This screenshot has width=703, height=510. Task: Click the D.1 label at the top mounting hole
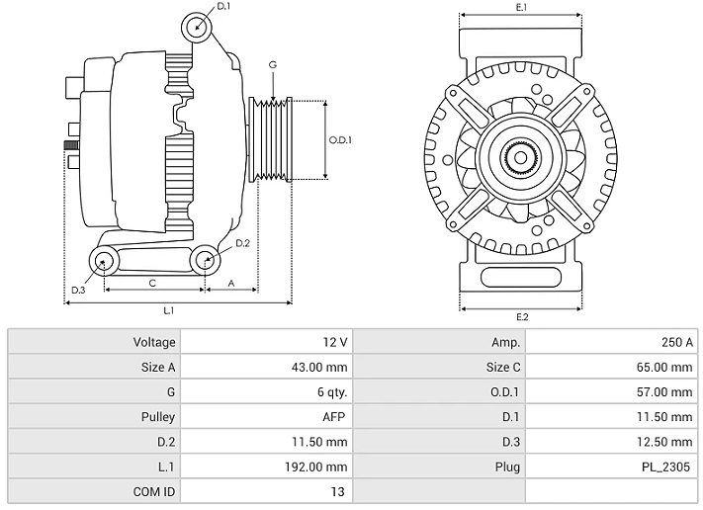(223, 7)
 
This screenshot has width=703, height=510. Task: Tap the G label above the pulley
(272, 65)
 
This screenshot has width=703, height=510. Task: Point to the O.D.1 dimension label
(340, 139)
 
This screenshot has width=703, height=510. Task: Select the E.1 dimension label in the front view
(521, 8)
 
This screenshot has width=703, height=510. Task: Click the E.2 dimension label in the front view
(521, 316)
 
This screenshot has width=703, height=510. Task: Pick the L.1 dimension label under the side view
(169, 310)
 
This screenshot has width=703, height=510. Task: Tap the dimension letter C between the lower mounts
(152, 283)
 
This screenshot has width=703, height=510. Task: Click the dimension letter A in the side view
(231, 283)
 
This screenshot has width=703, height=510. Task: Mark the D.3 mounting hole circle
(103, 261)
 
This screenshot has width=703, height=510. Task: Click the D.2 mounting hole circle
(205, 260)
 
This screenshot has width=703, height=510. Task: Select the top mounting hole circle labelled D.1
(197, 26)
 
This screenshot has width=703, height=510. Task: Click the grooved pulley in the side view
(268, 139)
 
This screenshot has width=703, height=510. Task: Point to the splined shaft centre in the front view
(520, 155)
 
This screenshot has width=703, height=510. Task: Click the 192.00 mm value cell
(267, 467)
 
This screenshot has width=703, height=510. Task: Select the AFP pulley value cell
(267, 417)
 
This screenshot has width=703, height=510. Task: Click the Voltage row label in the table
(95, 342)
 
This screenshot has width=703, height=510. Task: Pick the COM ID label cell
(95, 491)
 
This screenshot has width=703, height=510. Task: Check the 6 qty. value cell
(267, 392)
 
